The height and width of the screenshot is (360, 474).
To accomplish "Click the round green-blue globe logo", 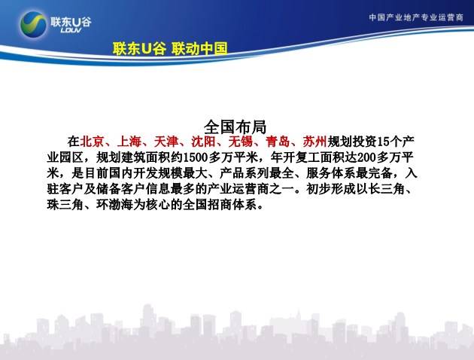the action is pos(33,24).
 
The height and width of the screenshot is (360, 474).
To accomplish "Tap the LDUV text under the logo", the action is pos(71,30).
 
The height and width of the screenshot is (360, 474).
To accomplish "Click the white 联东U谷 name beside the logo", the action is pos(71,22).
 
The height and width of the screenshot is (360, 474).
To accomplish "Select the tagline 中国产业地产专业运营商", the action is pos(416,17).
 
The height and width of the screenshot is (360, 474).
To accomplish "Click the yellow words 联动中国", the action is pos(199,48).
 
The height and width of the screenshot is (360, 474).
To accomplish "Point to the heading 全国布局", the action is pos(235,127).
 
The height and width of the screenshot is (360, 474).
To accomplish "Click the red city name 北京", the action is pos(93,142).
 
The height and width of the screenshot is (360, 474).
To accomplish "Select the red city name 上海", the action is pos(129,142).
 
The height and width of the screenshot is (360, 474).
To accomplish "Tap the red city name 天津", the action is pos(166,142).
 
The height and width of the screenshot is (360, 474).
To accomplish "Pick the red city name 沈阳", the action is pos(204,142).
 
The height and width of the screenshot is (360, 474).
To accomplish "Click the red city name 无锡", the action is pos(241,142).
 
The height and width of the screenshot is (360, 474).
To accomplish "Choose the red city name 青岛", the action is pos(278,142).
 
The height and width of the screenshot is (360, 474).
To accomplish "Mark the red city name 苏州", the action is pos(315,142).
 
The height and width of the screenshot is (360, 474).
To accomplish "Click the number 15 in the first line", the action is pos(383,142).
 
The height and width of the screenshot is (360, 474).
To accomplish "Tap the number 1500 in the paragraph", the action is pos(196,157).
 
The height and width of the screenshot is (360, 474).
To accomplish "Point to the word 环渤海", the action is pos(114,205).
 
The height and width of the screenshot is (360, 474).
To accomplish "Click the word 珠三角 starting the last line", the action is pos(65,205).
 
